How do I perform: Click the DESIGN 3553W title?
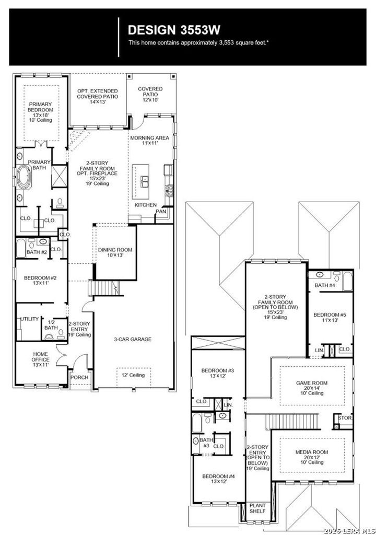tap(174, 30)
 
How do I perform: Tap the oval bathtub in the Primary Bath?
tap(24, 177)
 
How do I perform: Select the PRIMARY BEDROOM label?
tap(40, 107)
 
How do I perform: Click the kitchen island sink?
tap(145, 181)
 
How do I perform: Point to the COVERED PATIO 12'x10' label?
tap(150, 94)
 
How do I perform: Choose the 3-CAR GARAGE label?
tap(133, 339)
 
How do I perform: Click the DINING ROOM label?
tap(115, 250)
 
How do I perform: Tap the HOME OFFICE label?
tap(40, 357)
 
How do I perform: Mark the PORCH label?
tap(79, 377)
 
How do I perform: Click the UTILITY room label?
tap(30, 319)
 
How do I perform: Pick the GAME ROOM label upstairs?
tap(312, 383)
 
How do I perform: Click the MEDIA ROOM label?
tap(312, 452)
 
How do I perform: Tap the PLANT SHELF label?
tap(257, 508)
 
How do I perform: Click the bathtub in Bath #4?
tap(347, 281)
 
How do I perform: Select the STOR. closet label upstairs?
tap(345, 418)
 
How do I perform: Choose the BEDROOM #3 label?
tap(218, 370)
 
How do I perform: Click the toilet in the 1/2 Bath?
tap(61, 333)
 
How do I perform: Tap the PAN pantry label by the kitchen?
tap(161, 212)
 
